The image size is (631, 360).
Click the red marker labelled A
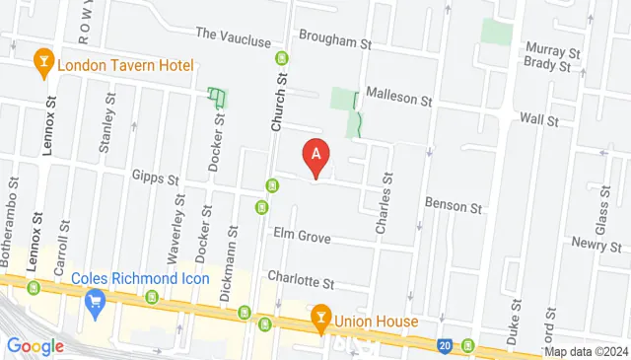coord(315,155)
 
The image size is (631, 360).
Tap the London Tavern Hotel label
coord(125,67)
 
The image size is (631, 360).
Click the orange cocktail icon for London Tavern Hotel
coord(42,66)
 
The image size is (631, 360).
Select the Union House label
coord(376,321)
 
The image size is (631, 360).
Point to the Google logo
coord(35,346)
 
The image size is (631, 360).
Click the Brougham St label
coord(336,44)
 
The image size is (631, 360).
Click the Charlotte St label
coord(302,281)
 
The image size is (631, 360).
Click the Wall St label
coord(539,120)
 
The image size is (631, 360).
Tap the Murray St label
coord(552,49)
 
